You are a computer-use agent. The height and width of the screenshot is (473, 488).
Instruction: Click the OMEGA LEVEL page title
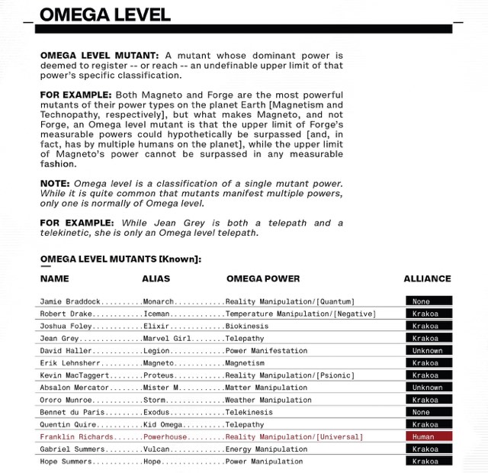point(105,14)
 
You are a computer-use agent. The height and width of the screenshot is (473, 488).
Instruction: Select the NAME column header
point(55,278)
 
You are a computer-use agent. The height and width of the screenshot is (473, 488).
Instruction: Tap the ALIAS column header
point(156,278)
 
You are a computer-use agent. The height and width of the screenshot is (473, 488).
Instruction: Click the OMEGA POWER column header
point(263,278)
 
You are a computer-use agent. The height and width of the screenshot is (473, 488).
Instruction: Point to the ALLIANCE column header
point(427,278)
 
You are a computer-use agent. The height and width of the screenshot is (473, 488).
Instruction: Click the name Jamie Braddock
point(70,301)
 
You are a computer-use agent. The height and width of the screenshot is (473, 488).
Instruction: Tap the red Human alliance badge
point(429,437)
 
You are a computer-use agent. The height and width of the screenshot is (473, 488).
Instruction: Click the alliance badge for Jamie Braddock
point(429,301)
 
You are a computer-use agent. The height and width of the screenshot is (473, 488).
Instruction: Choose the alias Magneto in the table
point(159,363)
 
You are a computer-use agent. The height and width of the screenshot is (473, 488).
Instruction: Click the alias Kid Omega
point(163,425)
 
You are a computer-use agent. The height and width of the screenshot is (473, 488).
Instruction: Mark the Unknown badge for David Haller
point(429,351)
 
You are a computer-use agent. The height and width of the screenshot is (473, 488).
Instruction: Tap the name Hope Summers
point(66,462)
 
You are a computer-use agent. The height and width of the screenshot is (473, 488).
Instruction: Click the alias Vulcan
point(157,449)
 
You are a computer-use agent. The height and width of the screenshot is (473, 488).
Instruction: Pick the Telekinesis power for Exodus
point(249,412)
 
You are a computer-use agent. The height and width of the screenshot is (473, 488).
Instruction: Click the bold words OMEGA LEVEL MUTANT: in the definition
point(100,56)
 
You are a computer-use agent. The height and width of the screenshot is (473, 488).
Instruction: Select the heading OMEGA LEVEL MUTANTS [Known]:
point(120,259)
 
